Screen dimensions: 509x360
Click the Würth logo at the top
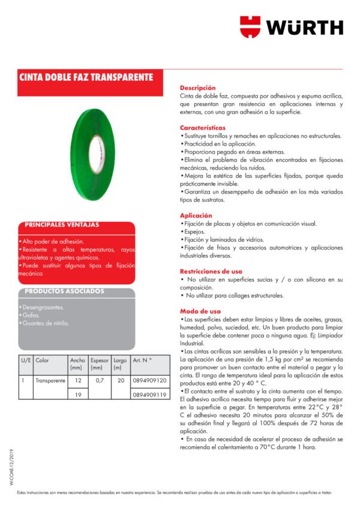[292, 27]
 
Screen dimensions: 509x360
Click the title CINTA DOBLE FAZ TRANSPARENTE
[86, 78]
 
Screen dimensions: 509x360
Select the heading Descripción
[197, 88]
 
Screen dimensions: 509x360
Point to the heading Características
[203, 128]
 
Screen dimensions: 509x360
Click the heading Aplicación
[196, 215]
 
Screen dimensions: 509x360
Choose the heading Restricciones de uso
[211, 272]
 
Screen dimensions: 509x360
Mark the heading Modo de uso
[200, 311]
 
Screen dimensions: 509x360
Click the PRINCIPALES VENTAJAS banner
[62, 225]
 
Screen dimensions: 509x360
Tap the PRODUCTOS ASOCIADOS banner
[64, 291]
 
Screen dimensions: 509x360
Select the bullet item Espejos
[194, 231]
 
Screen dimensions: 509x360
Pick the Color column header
[43, 360]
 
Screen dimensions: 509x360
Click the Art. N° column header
[143, 360]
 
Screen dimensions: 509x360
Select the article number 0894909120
[149, 381]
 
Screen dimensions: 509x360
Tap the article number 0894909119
[149, 395]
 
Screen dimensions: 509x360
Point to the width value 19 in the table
[77, 395]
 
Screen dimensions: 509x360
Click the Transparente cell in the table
[50, 381]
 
